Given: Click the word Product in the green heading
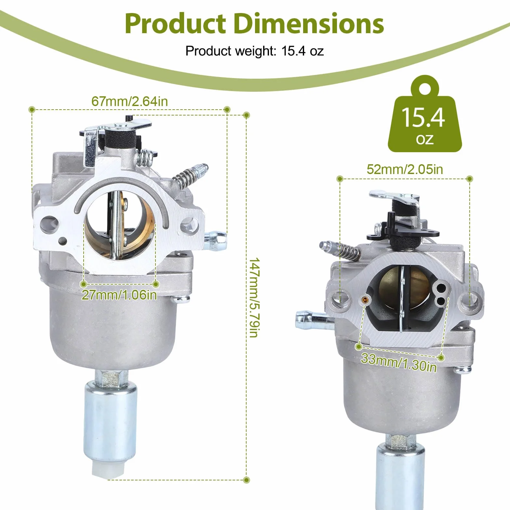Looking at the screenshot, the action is pyautogui.click(x=175, y=24).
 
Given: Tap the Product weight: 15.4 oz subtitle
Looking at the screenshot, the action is pyautogui.click(x=255, y=51).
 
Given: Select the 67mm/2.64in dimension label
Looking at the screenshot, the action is pyautogui.click(x=129, y=101).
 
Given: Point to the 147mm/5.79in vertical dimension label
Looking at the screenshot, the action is pyautogui.click(x=254, y=297).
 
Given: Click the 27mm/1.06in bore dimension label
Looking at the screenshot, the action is pyautogui.click(x=119, y=295).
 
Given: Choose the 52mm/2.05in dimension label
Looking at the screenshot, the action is pyautogui.click(x=405, y=169).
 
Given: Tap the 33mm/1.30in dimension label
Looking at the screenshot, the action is pyautogui.click(x=399, y=363).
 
